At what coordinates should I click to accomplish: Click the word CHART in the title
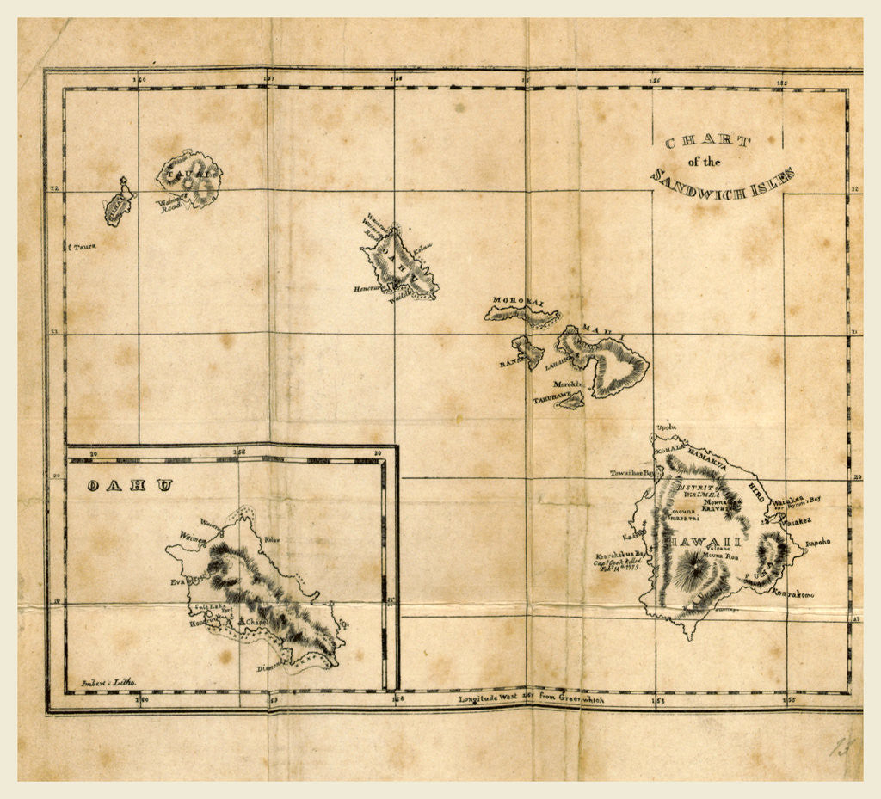coord(707,142)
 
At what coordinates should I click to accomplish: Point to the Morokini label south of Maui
coord(569,384)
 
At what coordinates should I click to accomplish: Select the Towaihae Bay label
coord(632,473)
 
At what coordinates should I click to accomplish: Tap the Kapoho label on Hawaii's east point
coord(818,543)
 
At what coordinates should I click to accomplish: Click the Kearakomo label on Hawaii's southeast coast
coord(792,593)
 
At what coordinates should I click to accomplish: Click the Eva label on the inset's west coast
coord(179,581)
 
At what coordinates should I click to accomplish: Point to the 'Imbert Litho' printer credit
coord(108,682)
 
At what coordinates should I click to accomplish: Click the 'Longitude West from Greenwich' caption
coord(531,699)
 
